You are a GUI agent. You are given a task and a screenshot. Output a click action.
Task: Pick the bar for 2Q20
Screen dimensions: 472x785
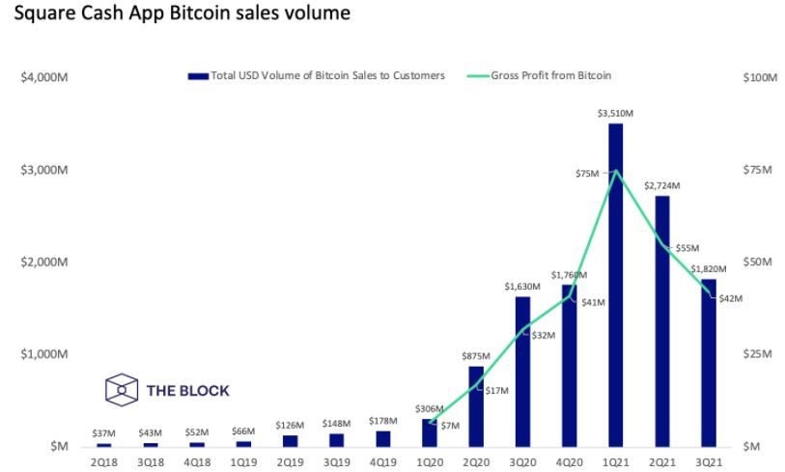tap(476, 405)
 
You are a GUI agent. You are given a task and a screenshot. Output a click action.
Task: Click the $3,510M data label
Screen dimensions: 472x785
tap(615, 114)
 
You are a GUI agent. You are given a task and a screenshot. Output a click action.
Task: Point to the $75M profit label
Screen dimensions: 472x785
tap(586, 174)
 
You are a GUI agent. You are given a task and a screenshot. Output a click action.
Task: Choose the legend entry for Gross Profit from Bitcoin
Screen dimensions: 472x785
tap(551, 75)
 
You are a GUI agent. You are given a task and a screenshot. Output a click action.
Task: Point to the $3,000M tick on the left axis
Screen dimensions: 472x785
tap(43, 170)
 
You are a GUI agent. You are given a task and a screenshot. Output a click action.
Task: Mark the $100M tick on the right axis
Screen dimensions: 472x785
tap(759, 77)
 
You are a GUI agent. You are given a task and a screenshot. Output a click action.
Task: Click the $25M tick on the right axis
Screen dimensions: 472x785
tap(759, 354)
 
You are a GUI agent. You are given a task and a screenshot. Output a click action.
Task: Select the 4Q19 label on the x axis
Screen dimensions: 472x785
tap(382, 462)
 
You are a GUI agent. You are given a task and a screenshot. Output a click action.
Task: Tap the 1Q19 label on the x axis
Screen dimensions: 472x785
tap(243, 462)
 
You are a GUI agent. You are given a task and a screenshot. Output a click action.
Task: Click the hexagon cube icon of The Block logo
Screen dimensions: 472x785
tap(121, 391)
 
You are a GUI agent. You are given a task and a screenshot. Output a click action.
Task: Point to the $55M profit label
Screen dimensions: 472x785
tap(687, 248)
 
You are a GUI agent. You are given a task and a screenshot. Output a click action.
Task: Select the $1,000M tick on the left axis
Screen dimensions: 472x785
tap(43, 354)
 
